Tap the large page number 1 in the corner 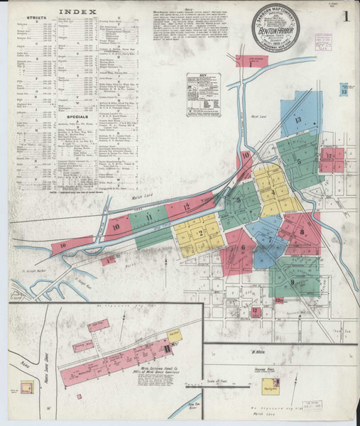pyautogui.click(x=345, y=16)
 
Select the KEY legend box pyautogui.click(x=204, y=94)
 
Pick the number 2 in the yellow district pyautogui.click(x=201, y=232)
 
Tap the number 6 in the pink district pyautogui.click(x=243, y=248)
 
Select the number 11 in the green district pyautogui.click(x=149, y=217)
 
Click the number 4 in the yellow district pyautogui.click(x=271, y=192)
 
